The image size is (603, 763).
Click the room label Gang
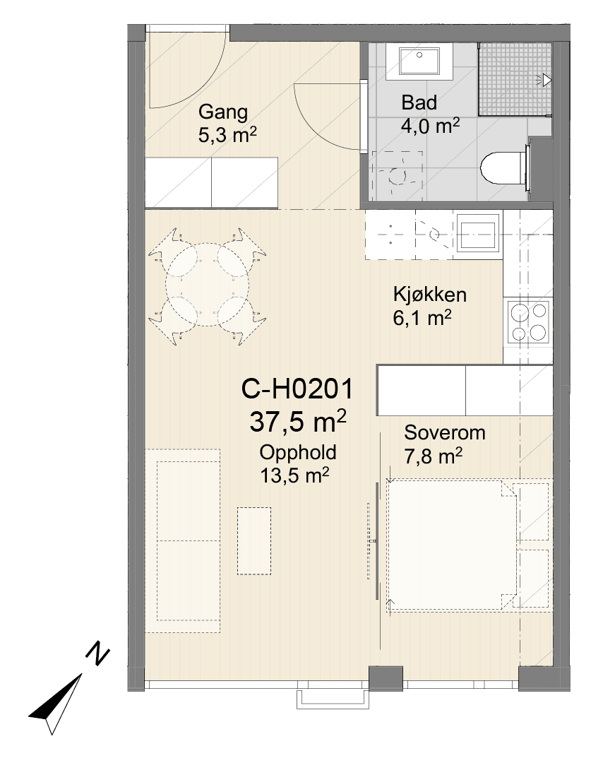[222, 113]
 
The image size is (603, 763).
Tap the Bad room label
[419, 102]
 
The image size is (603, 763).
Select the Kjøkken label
[430, 295]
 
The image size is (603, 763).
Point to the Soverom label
[444, 432]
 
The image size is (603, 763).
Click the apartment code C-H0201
[297, 390]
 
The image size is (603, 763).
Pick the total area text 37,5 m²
[297, 421]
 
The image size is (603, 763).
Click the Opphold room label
[297, 453]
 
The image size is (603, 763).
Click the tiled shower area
[515, 79]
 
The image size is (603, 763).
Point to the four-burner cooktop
[528, 321]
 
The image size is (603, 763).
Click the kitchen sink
[478, 237]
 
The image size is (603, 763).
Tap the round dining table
[207, 285]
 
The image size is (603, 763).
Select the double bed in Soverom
[451, 545]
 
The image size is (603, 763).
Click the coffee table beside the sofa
[254, 541]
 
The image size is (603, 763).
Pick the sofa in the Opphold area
[183, 540]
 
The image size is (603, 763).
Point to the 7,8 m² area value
[433, 456]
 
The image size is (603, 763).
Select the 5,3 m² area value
[227, 135]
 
